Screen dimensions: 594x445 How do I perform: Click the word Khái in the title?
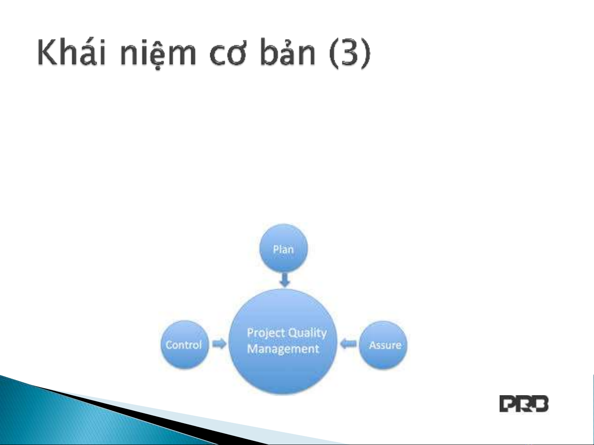[x=71, y=52]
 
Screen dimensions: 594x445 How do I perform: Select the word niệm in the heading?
[x=158, y=54]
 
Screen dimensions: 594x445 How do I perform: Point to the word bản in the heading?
[x=288, y=52]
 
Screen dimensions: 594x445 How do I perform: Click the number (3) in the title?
[x=350, y=53]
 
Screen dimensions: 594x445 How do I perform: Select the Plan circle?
[x=284, y=248]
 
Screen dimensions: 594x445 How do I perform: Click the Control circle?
[x=185, y=345]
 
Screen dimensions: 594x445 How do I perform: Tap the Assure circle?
[x=383, y=345]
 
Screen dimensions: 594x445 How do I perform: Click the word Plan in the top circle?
[x=283, y=249]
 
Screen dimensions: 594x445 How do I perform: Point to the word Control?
[x=184, y=345]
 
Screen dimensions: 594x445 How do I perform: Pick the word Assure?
[x=385, y=345]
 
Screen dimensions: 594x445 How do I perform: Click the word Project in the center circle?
[x=265, y=333]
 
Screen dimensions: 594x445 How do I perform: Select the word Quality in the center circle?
[x=307, y=333]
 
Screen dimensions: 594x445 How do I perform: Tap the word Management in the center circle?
[x=283, y=349]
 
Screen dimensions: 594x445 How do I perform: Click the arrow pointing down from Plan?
[x=285, y=280]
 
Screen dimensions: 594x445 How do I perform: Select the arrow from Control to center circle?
[x=219, y=344]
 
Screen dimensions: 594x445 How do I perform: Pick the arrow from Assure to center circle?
[x=348, y=344]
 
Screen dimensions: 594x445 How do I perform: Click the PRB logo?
[x=524, y=404]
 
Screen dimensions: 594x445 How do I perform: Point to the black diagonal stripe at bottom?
[x=152, y=413]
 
